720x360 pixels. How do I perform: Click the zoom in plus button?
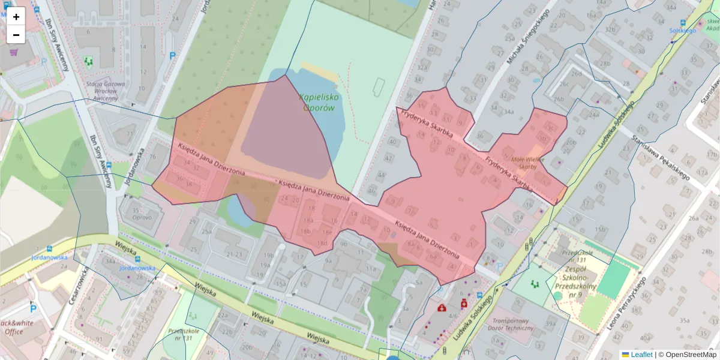(x=16, y=17)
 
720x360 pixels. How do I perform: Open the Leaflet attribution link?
(x=641, y=355)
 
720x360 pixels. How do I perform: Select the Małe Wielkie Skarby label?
(x=528, y=163)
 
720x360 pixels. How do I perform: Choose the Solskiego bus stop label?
(x=682, y=30)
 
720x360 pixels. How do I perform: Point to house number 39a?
(x=551, y=323)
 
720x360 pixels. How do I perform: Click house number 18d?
(x=322, y=242)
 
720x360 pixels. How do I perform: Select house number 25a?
(x=206, y=232)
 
